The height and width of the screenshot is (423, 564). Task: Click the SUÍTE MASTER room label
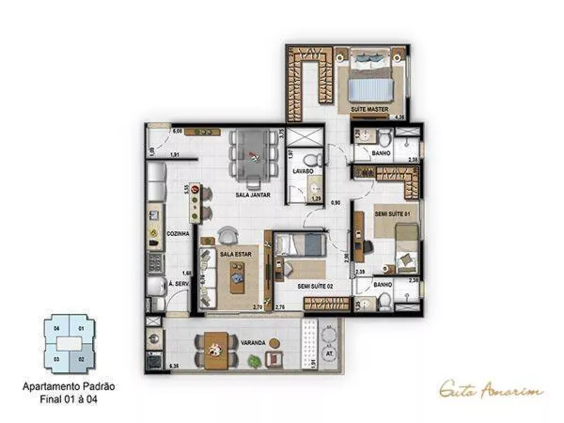pyautogui.click(x=369, y=109)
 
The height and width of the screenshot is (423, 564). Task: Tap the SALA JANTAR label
pyautogui.click(x=253, y=195)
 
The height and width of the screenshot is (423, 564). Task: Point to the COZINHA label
pyautogui.click(x=177, y=233)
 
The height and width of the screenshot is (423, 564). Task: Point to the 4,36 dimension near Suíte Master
pyautogui.click(x=400, y=117)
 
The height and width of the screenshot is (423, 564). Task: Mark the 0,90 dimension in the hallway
pyautogui.click(x=335, y=202)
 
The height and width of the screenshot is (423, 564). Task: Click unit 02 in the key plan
pyautogui.click(x=81, y=359)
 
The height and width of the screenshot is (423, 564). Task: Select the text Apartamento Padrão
pyautogui.click(x=68, y=387)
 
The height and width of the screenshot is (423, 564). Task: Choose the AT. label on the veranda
pyautogui.click(x=327, y=354)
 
